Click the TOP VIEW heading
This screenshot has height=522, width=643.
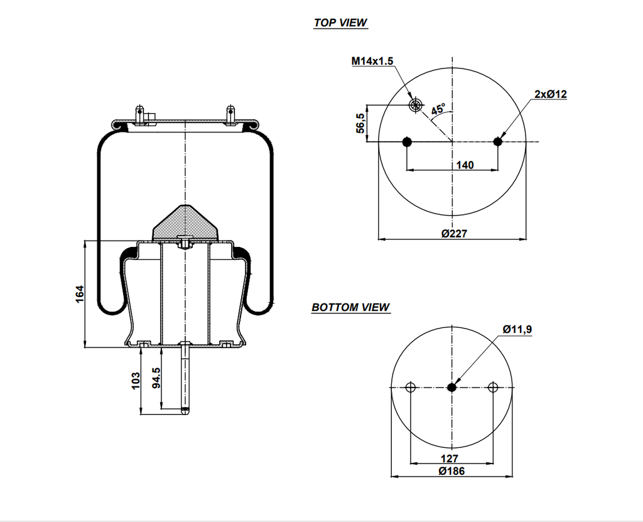[340, 23]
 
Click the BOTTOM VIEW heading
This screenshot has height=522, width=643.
[350, 307]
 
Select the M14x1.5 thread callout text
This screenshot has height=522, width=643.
[372, 61]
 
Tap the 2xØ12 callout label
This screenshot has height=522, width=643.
[551, 94]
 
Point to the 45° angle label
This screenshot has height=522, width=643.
[438, 109]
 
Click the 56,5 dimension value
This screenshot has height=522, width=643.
[360, 123]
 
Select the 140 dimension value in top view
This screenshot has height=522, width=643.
[465, 165]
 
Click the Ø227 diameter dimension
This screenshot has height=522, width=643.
[454, 234]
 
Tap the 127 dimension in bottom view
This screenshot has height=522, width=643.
[450, 459]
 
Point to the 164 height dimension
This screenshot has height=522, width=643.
[80, 294]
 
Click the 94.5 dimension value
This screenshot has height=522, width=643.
[156, 379]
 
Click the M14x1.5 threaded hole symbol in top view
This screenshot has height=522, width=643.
[414, 104]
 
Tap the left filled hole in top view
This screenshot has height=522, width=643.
[407, 141]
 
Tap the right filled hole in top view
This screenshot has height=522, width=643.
[498, 141]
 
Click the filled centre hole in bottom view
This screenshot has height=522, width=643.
[451, 387]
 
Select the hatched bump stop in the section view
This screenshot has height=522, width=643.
[184, 223]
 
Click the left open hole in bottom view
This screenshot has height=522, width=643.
[411, 387]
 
